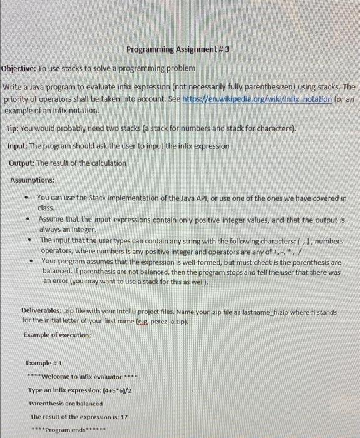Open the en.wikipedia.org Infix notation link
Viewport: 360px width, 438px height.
pos(257,99)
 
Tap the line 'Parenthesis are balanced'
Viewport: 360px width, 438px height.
pos(66,403)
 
